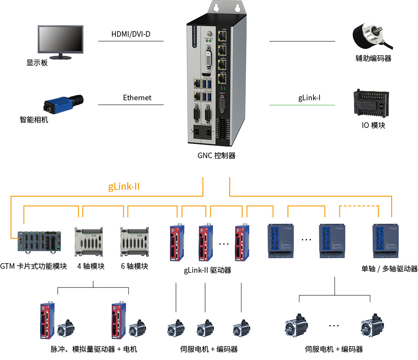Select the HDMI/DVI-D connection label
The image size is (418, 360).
(x=131, y=34)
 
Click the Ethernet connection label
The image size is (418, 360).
(x=137, y=98)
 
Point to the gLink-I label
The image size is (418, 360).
(x=309, y=98)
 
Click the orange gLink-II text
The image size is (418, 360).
(x=123, y=187)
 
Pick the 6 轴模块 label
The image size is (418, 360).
(x=134, y=266)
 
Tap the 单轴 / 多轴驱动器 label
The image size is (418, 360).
(x=389, y=269)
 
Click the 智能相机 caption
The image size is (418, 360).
(x=34, y=120)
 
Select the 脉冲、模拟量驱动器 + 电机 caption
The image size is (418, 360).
(x=93, y=349)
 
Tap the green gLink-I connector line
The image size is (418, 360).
(x=302, y=105)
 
